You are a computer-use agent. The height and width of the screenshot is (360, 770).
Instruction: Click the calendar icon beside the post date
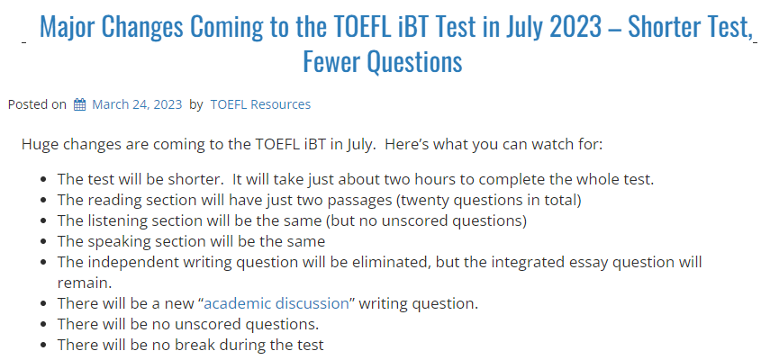point(79,104)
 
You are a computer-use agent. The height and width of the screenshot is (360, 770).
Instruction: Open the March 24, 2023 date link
point(137,104)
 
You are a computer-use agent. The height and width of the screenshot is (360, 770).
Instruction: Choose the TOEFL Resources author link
point(260,104)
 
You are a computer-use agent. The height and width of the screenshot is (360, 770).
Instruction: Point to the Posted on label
point(37,104)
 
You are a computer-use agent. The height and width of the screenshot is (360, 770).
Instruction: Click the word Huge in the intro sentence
point(40,144)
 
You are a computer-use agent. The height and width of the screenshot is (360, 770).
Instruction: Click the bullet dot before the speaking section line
point(44,241)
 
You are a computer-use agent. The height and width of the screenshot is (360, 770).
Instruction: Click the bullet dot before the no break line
point(44,345)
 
